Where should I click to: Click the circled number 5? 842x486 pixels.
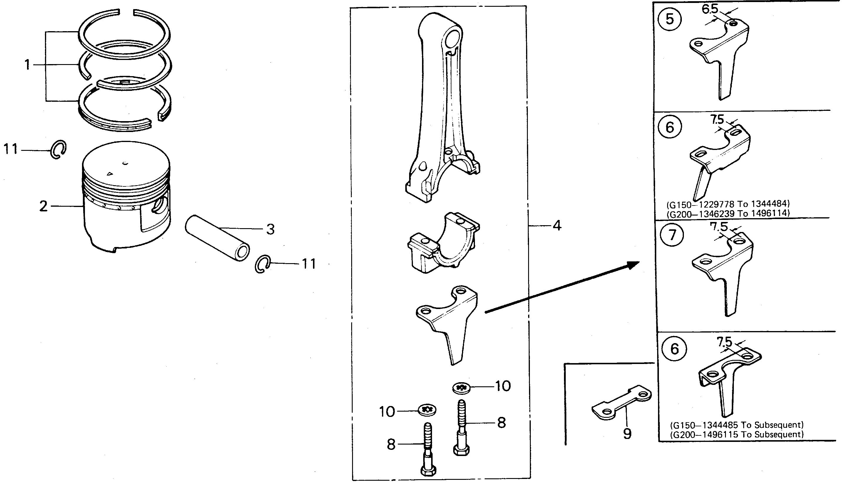669,19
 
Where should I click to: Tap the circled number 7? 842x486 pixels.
672,235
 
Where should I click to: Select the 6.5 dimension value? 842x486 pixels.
709,9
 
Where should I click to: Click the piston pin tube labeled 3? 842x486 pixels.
217,237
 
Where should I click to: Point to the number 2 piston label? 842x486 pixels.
43,206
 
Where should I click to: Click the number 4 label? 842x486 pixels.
557,226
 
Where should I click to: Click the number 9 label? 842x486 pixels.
627,434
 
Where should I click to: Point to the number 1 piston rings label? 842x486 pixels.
27,64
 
